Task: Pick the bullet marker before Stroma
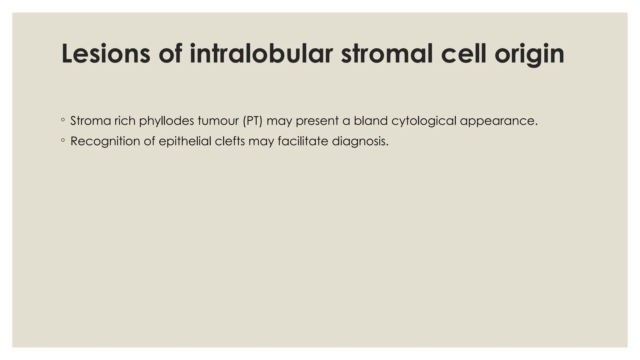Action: pyautogui.click(x=63, y=120)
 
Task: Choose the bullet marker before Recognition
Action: pyautogui.click(x=63, y=141)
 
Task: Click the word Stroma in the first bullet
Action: pyautogui.click(x=90, y=121)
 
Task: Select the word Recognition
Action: pyautogui.click(x=105, y=142)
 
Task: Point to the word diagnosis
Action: pyautogui.click(x=360, y=142)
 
